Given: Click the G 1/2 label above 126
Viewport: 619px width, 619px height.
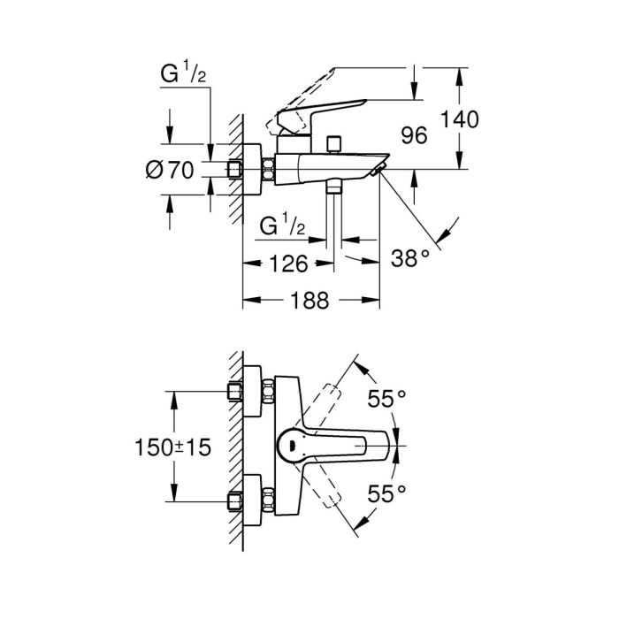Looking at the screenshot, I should pyautogui.click(x=283, y=227).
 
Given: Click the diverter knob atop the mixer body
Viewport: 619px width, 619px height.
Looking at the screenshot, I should pyautogui.click(x=333, y=143).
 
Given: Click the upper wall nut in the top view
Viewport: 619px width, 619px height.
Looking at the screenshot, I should pyautogui.click(x=236, y=392).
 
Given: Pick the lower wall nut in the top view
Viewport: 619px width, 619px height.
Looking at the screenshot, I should pyautogui.click(x=236, y=500).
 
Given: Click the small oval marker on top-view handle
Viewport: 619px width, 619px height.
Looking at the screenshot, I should pyautogui.click(x=288, y=446).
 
